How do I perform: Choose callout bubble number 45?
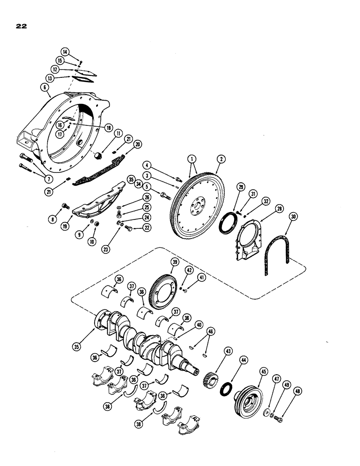pos(263,371)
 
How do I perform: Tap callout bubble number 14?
pos(77,52)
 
